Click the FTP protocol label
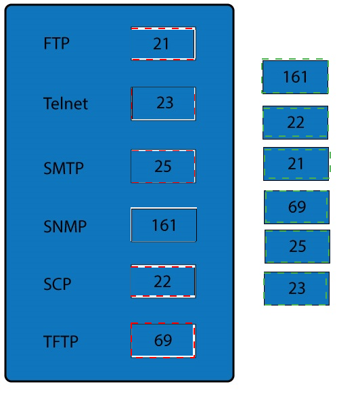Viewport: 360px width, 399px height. tap(56, 43)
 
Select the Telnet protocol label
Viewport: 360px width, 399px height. tap(66, 104)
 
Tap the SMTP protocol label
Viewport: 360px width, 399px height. tap(64, 168)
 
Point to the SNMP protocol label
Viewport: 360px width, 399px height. tap(65, 226)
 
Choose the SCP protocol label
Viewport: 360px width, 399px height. tap(58, 284)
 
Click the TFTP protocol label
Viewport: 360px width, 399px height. tap(61, 341)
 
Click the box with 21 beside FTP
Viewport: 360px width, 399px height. tap(163, 43)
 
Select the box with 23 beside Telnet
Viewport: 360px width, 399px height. tap(163, 104)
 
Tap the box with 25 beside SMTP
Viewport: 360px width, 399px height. tap(163, 166)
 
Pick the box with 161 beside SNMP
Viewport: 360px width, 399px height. tap(164, 225)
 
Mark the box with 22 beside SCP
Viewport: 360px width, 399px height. tap(163, 281)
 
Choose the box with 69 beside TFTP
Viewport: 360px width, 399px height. tap(163, 341)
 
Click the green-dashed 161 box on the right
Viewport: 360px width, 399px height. tap(295, 77)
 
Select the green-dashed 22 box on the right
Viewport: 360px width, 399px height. tap(296, 123)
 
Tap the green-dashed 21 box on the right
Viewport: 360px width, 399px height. tap(296, 164)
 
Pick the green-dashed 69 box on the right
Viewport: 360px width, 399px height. tap(296, 207)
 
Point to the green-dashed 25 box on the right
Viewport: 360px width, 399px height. tap(298, 247)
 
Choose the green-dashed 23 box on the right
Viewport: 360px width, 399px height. tap(296, 289)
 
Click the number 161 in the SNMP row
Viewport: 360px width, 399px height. tap(164, 225)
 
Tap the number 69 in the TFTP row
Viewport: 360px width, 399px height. tap(163, 340)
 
